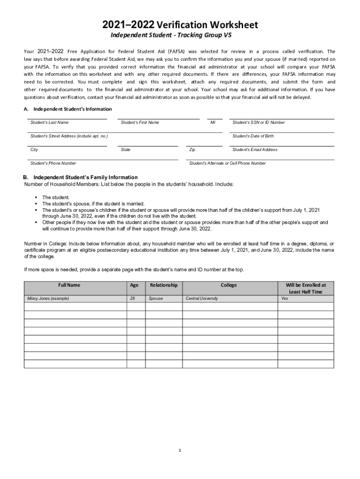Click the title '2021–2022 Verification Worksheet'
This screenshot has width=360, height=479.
(180, 25)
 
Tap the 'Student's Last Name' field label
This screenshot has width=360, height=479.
(50, 123)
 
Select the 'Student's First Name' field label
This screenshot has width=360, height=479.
(140, 123)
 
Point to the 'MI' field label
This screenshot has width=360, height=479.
(213, 123)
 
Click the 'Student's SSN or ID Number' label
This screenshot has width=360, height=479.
(259, 123)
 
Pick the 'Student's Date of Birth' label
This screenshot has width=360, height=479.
(253, 136)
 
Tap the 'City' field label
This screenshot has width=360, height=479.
(34, 150)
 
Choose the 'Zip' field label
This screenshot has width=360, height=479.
(192, 150)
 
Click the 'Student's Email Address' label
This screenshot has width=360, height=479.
(255, 150)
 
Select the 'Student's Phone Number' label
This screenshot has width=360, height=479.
(53, 163)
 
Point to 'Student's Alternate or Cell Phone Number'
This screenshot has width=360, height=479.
(227, 163)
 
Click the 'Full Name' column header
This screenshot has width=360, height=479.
(69, 285)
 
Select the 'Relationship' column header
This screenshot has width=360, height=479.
(163, 285)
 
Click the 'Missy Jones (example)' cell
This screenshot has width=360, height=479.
(48, 298)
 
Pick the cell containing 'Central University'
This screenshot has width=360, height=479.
(202, 298)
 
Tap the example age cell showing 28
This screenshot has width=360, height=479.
(133, 298)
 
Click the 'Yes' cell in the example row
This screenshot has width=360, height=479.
(285, 298)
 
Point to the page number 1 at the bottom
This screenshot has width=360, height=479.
(180, 450)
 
